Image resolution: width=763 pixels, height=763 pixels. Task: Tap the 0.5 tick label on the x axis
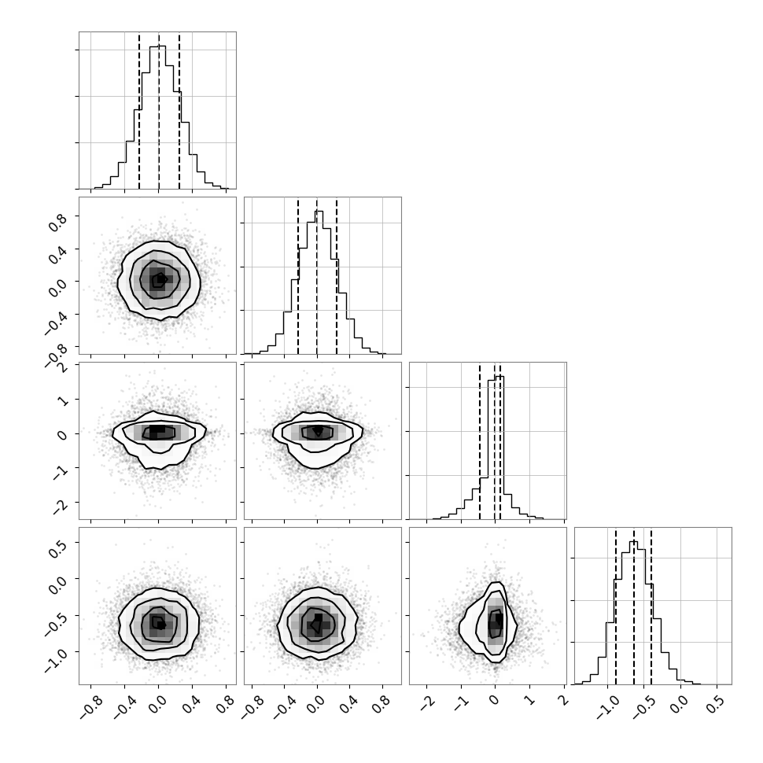point(714,704)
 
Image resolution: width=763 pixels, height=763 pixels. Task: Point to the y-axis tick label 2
point(62,365)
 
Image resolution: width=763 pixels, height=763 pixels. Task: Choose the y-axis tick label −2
point(58,506)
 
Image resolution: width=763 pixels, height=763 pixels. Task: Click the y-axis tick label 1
point(62,400)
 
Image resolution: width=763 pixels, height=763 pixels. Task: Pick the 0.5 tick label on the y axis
point(57,543)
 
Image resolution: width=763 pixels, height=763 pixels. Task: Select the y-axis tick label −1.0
point(54,657)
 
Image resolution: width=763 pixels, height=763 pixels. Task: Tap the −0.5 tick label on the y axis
point(54,621)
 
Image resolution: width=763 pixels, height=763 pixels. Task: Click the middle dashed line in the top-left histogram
point(159,111)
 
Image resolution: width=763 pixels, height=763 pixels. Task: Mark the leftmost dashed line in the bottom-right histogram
point(616,606)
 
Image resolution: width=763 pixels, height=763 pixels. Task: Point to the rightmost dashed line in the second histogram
point(336,276)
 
